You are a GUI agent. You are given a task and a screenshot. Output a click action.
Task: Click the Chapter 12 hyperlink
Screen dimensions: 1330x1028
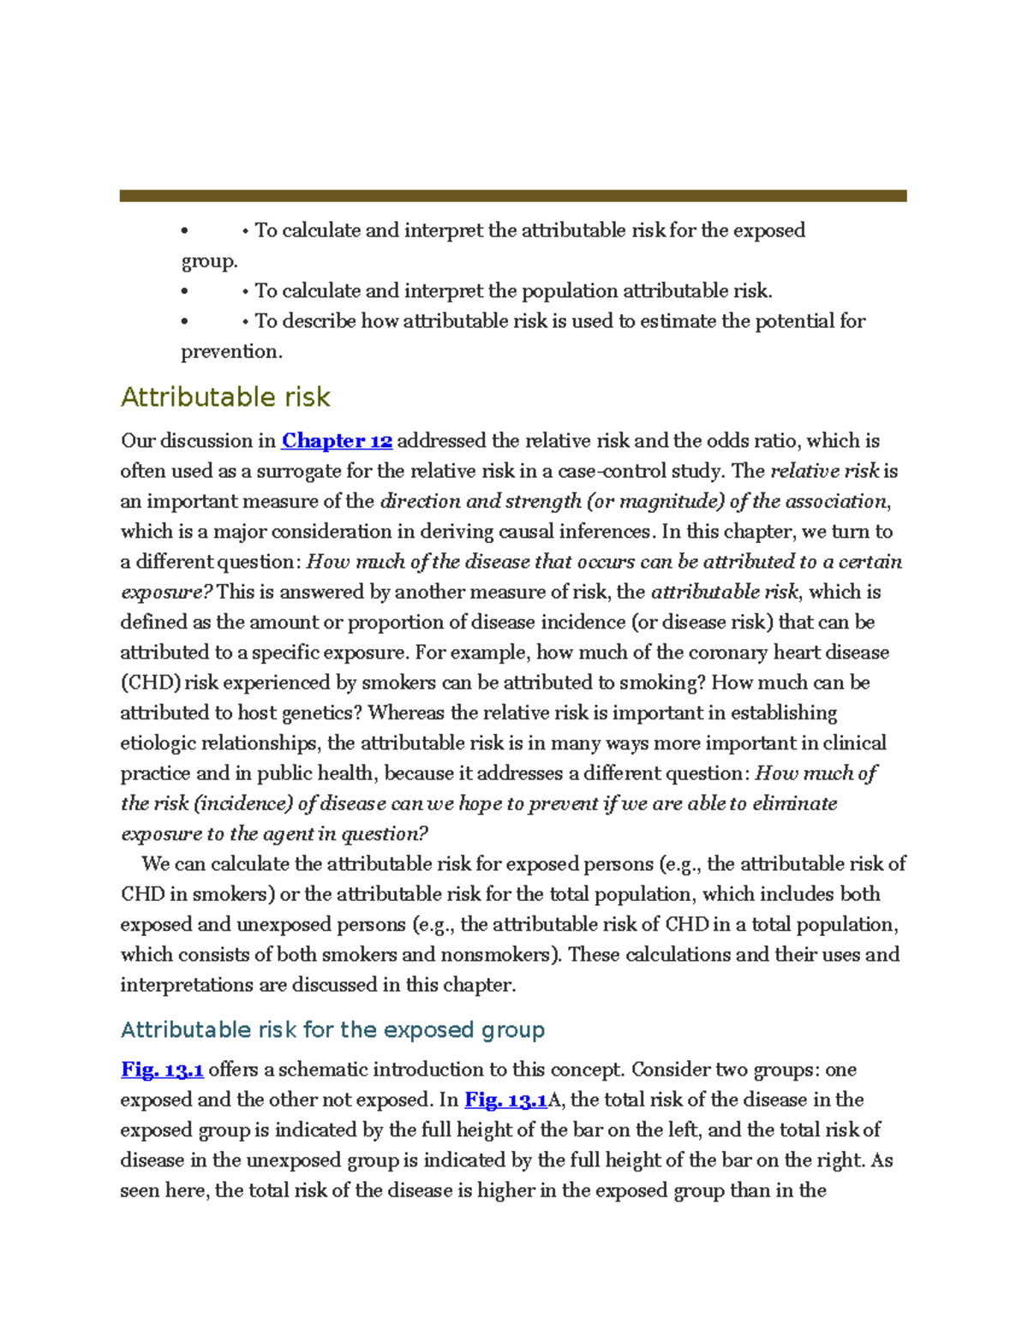pyautogui.click(x=337, y=441)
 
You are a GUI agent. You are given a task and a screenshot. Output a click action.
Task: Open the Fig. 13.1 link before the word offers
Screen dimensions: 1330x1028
pyautogui.click(x=162, y=1070)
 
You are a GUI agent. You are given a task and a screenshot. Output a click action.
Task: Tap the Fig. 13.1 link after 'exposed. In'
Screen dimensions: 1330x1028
pyautogui.click(x=505, y=1100)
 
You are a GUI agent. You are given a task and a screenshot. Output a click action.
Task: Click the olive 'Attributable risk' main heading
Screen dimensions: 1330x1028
pyautogui.click(x=225, y=397)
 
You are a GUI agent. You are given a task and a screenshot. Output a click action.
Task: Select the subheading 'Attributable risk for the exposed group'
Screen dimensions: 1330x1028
pyautogui.click(x=332, y=1029)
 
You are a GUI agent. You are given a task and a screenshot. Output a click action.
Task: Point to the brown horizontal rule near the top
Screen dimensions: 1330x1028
pyautogui.click(x=512, y=196)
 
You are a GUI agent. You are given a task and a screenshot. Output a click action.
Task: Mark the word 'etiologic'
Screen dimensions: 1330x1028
pyautogui.click(x=158, y=743)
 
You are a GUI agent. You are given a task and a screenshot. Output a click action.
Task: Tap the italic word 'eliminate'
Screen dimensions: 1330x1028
pyautogui.click(x=795, y=803)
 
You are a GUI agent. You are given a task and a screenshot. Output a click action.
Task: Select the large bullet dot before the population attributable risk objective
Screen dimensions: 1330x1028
pyautogui.click(x=184, y=292)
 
